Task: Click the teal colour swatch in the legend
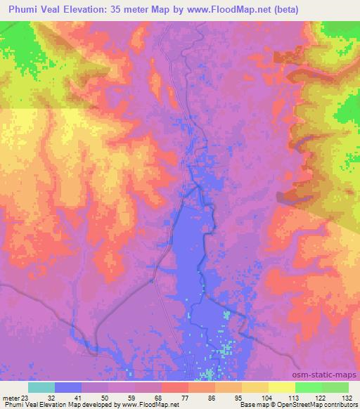(41, 387)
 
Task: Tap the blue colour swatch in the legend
(68, 387)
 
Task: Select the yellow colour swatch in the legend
(281, 387)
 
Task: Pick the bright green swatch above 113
(308, 387)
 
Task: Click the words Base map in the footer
(251, 405)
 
